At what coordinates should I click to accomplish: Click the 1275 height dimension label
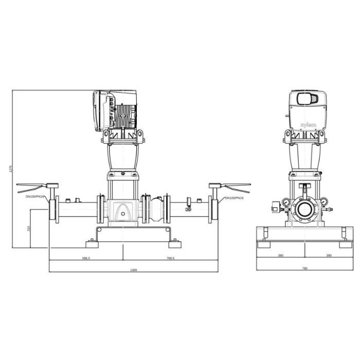click(10, 169)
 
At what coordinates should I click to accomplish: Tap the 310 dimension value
click(28, 228)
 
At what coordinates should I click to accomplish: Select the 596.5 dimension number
click(86, 258)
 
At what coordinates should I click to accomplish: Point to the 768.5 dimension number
click(170, 258)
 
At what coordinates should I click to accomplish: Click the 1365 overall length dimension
click(133, 270)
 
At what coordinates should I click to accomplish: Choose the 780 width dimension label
click(304, 268)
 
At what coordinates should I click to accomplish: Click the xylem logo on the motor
click(309, 125)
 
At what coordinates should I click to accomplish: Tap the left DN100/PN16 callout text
click(34, 196)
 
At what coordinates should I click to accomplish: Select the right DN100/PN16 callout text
click(234, 198)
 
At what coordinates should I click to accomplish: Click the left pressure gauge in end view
click(286, 202)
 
